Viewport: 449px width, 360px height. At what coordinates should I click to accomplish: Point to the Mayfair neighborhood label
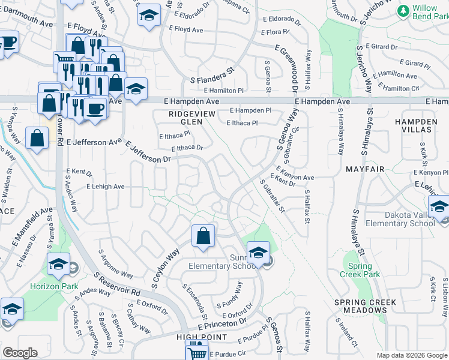pyautogui.click(x=365, y=170)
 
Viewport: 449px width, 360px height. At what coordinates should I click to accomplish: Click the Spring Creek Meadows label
pyautogui.click(x=366, y=306)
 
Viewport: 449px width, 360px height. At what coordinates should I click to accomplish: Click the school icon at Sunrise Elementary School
pyautogui.click(x=258, y=253)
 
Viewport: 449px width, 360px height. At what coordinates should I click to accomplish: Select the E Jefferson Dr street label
pyautogui.click(x=148, y=152)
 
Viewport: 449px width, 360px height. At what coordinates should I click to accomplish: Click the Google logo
pyautogui.click(x=19, y=353)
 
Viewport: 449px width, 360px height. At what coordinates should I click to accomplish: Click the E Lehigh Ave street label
pyautogui.click(x=105, y=187)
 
